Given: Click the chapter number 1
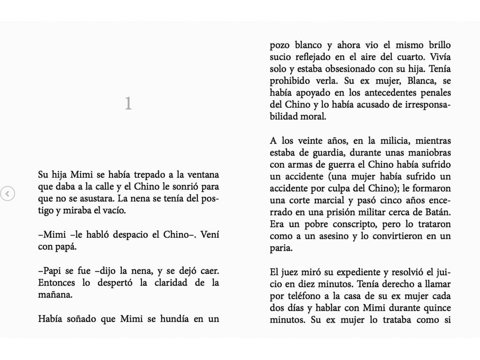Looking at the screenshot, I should (x=128, y=104).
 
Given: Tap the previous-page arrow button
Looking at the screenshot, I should (x=7, y=193).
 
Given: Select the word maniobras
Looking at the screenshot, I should (x=430, y=153).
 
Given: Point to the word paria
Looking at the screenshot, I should (x=281, y=248).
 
